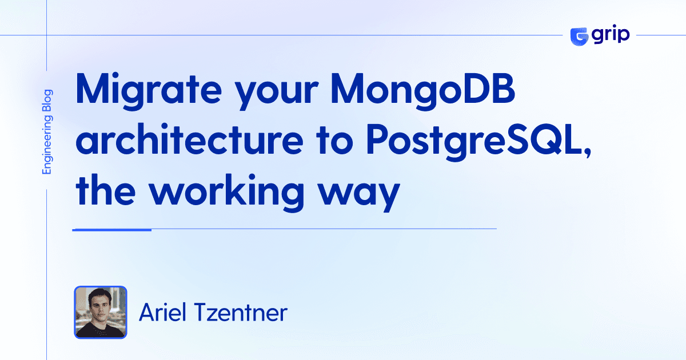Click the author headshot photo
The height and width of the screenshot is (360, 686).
tap(101, 313)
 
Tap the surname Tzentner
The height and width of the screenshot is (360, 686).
tap(241, 313)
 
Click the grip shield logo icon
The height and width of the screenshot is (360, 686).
tap(580, 35)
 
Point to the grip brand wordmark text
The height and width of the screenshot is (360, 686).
tap(611, 35)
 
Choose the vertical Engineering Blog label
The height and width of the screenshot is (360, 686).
tap(47, 132)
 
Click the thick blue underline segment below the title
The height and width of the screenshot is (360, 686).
tap(112, 229)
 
